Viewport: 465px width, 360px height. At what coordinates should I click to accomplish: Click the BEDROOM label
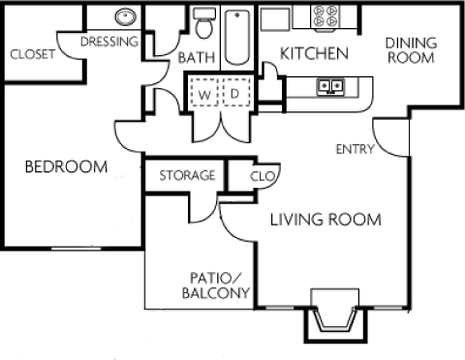point(65,166)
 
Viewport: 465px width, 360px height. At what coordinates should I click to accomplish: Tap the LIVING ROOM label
point(325,220)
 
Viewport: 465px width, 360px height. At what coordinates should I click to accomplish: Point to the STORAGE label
point(186,175)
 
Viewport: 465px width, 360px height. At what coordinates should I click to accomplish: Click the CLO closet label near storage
point(261,176)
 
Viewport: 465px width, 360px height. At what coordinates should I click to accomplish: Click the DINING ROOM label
point(411,49)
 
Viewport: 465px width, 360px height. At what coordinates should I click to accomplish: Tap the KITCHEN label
point(313,53)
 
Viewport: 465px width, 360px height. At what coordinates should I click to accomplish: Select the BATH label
point(196,59)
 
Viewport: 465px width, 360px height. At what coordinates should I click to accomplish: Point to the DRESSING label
point(108,42)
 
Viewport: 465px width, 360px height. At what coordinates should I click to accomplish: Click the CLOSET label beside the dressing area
point(32,54)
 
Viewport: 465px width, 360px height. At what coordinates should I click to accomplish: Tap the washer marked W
point(205,93)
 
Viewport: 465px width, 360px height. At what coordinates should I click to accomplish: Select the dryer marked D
point(234,93)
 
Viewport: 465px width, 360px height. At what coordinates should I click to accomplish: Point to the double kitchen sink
point(331,88)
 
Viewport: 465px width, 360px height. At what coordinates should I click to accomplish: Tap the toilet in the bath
point(202,23)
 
